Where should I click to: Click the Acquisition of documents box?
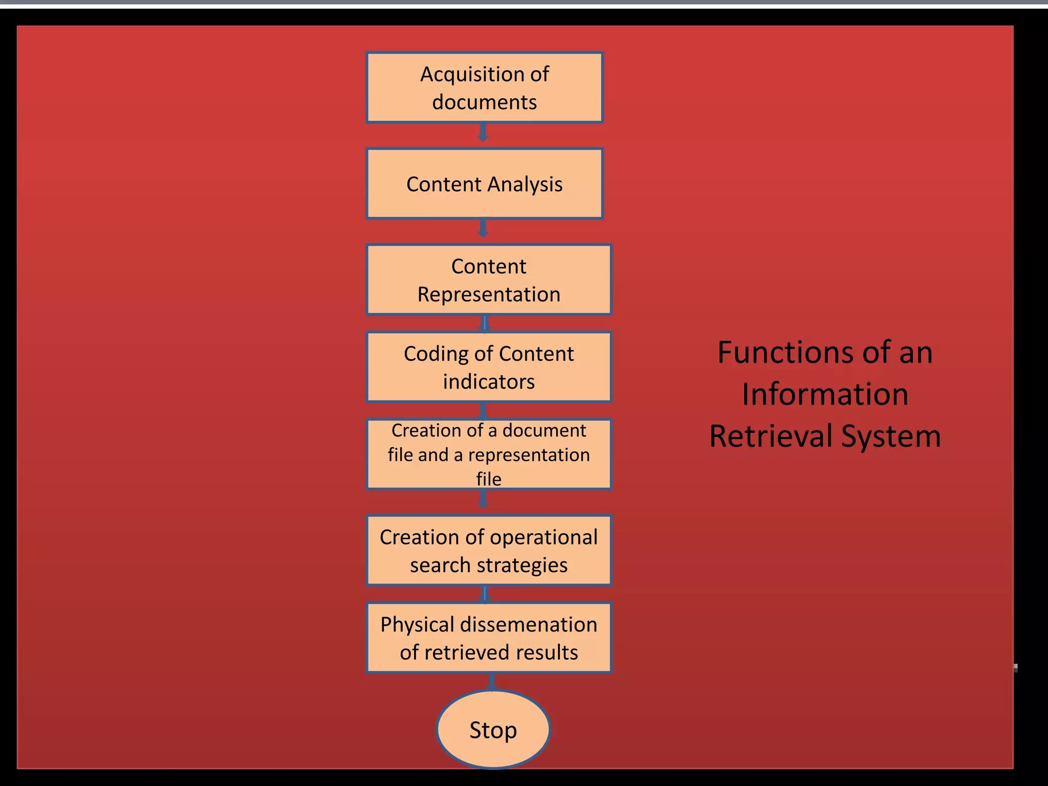click(x=484, y=88)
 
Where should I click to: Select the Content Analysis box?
click(x=484, y=184)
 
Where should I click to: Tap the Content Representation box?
click(x=488, y=279)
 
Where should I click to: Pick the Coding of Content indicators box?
click(x=488, y=367)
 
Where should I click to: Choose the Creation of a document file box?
click(x=488, y=454)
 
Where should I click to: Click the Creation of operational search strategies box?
click(x=488, y=550)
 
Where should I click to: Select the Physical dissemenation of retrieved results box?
click(x=488, y=638)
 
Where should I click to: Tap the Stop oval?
click(x=493, y=729)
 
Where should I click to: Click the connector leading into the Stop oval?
click(x=492, y=682)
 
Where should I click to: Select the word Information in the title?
click(x=825, y=395)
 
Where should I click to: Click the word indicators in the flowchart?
click(x=488, y=382)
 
